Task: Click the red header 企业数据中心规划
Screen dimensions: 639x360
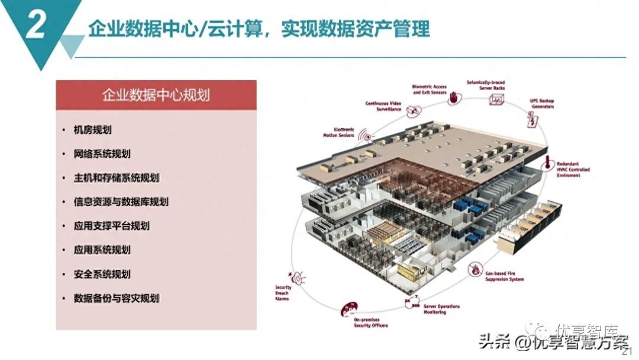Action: click(156, 95)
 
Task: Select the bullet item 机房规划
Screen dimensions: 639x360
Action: click(93, 130)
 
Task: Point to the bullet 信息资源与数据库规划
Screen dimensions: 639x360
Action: click(121, 202)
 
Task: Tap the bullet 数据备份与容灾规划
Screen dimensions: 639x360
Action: click(117, 298)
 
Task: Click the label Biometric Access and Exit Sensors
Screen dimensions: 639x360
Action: click(429, 89)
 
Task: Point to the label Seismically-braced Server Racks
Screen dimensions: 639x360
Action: click(485, 85)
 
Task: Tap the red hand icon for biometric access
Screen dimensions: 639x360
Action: click(454, 99)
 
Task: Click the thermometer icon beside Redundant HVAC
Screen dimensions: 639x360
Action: click(550, 161)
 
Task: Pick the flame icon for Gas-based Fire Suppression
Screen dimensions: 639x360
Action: click(475, 271)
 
